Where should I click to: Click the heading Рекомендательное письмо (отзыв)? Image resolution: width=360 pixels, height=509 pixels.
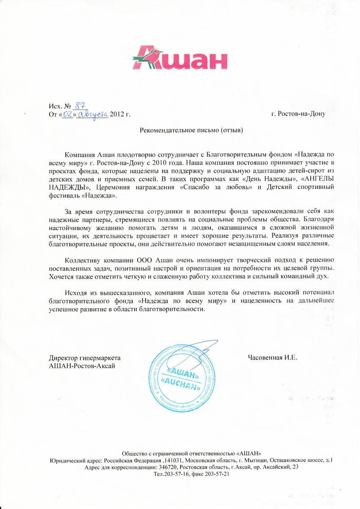click(x=191, y=130)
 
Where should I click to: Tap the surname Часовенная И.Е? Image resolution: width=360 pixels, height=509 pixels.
click(x=273, y=358)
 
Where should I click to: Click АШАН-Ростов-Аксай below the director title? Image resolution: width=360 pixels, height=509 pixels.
click(x=82, y=365)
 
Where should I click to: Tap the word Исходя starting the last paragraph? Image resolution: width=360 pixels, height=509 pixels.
click(x=77, y=293)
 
